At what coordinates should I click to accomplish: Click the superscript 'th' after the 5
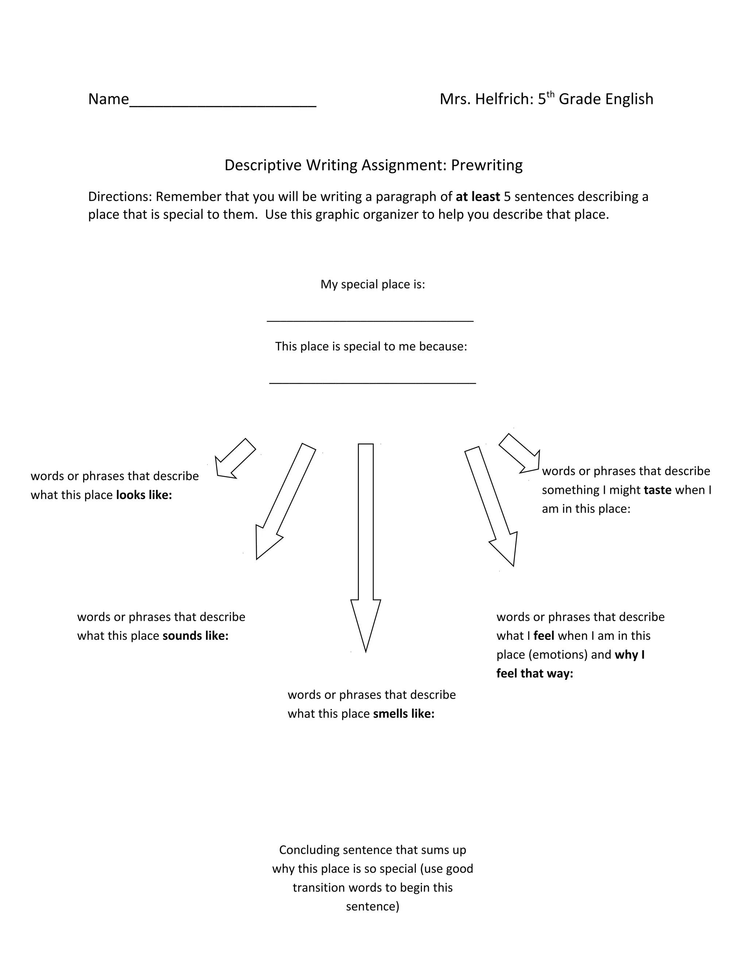pyautogui.click(x=550, y=94)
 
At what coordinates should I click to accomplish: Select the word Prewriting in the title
pyautogui.click(x=487, y=165)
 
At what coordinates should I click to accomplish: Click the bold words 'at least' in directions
pyautogui.click(x=477, y=197)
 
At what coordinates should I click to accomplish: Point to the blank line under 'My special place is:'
pyautogui.click(x=370, y=320)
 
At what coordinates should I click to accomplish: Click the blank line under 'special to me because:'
pyautogui.click(x=373, y=382)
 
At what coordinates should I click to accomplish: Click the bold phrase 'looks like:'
pyautogui.click(x=144, y=495)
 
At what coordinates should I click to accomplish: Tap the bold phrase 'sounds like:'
pyautogui.click(x=196, y=636)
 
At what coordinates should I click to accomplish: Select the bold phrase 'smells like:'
pyautogui.click(x=404, y=714)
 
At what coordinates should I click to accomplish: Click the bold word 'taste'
pyautogui.click(x=658, y=490)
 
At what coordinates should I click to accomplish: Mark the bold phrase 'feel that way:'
pyautogui.click(x=535, y=674)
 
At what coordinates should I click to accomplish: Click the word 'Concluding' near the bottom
pyautogui.click(x=309, y=850)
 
